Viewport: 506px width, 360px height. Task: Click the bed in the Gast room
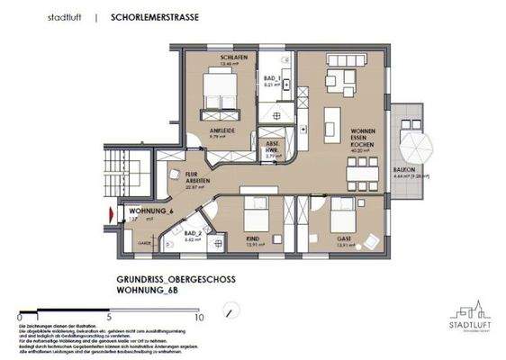point(342,217)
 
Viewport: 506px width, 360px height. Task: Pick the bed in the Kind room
point(256,216)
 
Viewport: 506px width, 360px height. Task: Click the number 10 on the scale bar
point(199,318)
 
